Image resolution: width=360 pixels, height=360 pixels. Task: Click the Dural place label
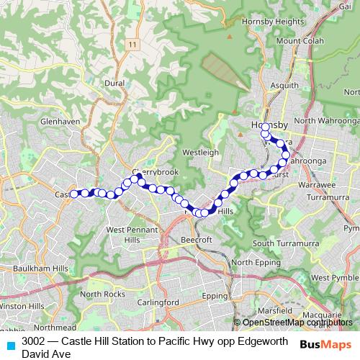click(x=114, y=84)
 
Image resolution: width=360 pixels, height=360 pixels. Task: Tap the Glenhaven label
click(x=60, y=122)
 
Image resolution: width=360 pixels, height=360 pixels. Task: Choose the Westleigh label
click(x=201, y=153)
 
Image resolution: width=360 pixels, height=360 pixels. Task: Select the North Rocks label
click(x=102, y=294)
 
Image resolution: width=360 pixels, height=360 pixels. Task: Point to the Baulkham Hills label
click(x=35, y=268)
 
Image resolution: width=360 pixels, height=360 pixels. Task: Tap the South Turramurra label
click(x=284, y=243)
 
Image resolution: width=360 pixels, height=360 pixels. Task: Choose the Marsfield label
click(x=276, y=310)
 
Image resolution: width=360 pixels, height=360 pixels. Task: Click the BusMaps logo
click(x=325, y=345)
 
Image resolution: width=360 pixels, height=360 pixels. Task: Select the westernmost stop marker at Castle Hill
click(x=73, y=193)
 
